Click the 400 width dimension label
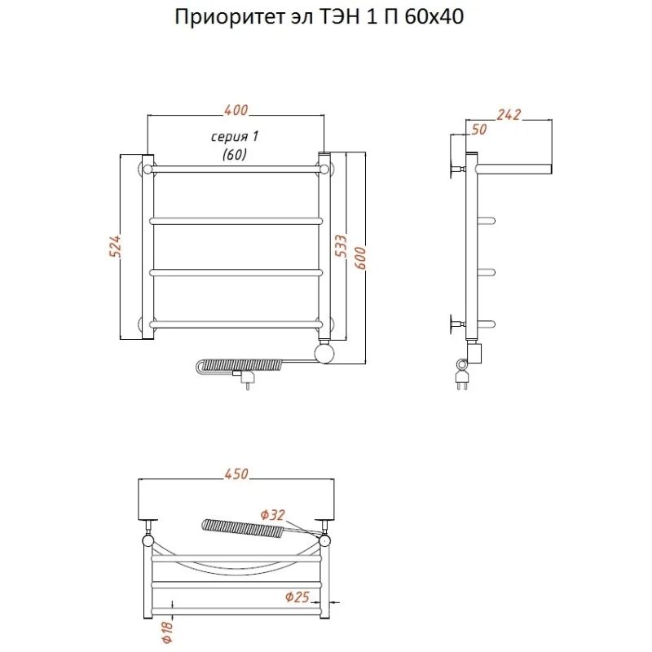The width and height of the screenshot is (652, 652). (236, 110)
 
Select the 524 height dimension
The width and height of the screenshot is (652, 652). (115, 246)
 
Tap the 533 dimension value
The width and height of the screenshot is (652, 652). (340, 246)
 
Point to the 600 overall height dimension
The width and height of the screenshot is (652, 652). (360, 258)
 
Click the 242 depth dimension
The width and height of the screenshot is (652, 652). (509, 114)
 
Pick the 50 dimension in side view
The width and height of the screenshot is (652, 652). (478, 130)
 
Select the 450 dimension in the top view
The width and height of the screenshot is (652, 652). (236, 474)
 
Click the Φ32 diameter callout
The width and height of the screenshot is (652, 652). (273, 515)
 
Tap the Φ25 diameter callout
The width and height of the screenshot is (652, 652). (297, 597)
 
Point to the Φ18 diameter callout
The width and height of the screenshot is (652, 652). (167, 632)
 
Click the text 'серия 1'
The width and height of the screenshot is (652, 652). (235, 136)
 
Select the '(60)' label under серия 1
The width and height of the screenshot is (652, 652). (235, 154)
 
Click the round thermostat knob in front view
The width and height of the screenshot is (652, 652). (324, 352)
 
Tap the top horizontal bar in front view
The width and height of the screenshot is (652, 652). (236, 170)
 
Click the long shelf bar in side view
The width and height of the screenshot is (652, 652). (514, 169)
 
